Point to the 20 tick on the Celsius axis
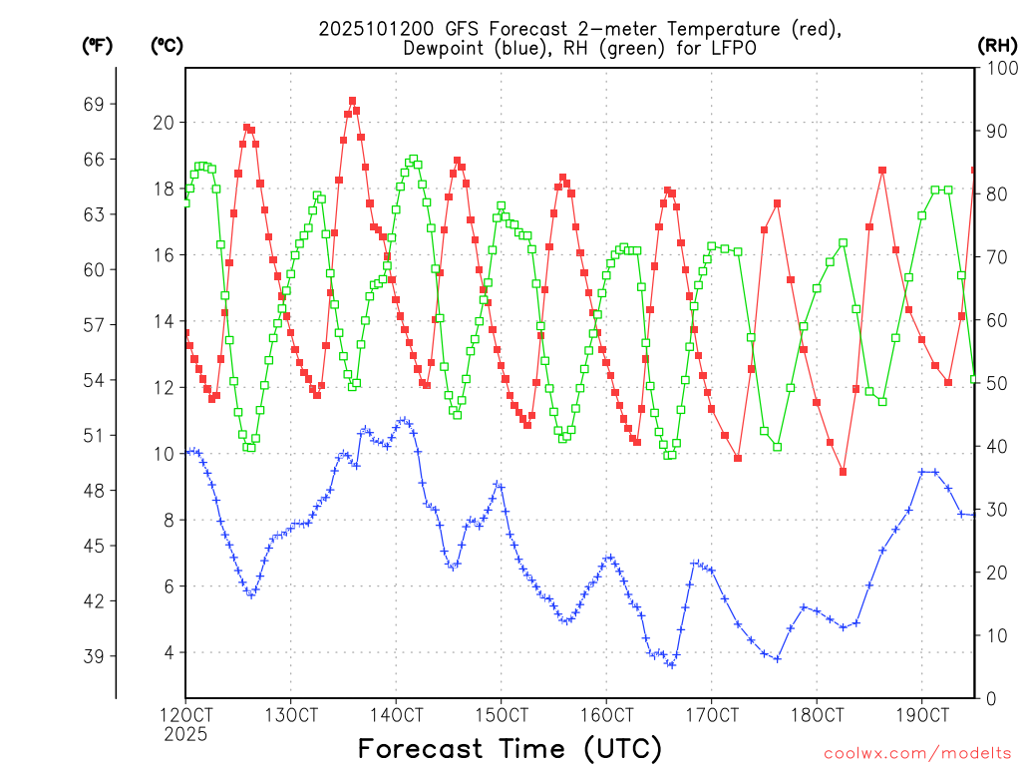(x=163, y=123)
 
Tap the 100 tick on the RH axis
(x=997, y=68)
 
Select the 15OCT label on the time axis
(x=501, y=716)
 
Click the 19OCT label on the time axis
(x=921, y=716)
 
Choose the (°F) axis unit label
(x=97, y=45)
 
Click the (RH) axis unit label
(x=997, y=45)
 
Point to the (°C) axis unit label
(x=167, y=45)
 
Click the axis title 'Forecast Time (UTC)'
(x=510, y=748)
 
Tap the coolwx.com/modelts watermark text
(x=916, y=751)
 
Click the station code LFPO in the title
(x=730, y=48)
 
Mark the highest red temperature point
(x=352, y=101)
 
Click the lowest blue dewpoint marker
(x=671, y=664)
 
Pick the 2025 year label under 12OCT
(x=185, y=734)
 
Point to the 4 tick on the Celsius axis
(x=167, y=653)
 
